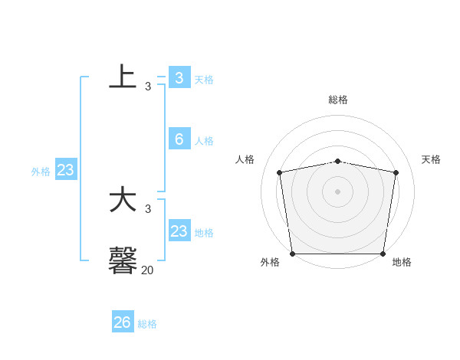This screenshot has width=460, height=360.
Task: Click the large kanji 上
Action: [x=123, y=77]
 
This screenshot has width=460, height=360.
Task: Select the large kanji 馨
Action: [x=123, y=260]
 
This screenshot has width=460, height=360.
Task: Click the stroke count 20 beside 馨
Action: [x=147, y=270]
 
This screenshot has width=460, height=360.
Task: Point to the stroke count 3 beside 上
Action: [x=148, y=86]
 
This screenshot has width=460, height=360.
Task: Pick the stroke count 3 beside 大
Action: [x=148, y=209]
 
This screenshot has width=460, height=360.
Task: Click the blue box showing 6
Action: [x=179, y=139]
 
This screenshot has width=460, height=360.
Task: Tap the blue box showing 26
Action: [x=123, y=322]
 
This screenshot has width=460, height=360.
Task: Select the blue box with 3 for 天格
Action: [x=179, y=77]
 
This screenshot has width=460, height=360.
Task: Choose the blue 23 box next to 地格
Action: [x=179, y=231]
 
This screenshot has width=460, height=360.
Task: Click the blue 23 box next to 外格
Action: [x=66, y=170]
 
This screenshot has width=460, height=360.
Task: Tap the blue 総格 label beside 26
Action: [x=147, y=324]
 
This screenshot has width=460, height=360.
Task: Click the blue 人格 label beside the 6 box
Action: [x=204, y=141]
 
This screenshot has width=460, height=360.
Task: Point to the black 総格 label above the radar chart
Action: [x=338, y=100]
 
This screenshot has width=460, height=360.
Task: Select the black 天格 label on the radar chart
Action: [x=431, y=159]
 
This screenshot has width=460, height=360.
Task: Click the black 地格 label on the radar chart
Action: [x=402, y=263]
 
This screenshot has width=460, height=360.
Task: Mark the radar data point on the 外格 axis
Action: [x=292, y=254]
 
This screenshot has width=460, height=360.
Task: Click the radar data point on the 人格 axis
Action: [x=280, y=172]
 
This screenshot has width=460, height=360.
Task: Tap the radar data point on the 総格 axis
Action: [x=338, y=161]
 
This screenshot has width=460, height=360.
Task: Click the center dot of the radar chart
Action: [x=338, y=191]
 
